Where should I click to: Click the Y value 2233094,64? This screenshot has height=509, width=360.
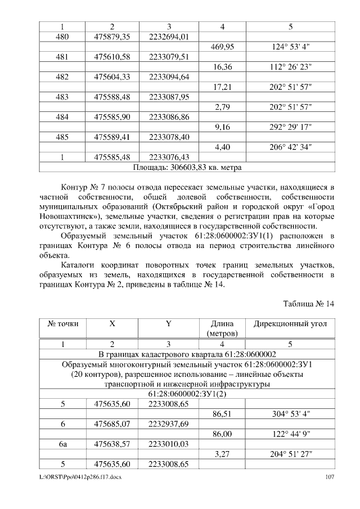[x=169, y=76]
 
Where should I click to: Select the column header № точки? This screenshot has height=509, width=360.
[x=61, y=324]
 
